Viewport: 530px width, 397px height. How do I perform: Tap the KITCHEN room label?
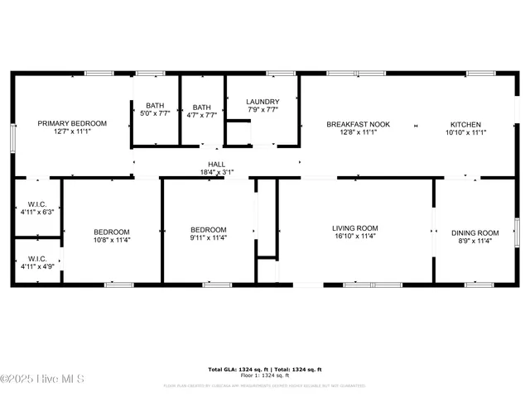click(x=465, y=123)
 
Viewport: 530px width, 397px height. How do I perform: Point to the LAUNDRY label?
click(x=262, y=102)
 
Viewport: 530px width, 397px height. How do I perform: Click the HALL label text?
click(x=217, y=164)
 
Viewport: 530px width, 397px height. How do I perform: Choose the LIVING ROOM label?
click(x=355, y=228)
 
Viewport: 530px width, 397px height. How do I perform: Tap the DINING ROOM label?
click(x=475, y=232)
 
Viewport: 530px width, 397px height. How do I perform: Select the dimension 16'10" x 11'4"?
click(x=355, y=237)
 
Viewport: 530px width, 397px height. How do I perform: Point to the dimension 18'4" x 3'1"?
click(x=217, y=172)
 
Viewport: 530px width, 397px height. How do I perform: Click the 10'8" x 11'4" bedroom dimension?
click(x=111, y=239)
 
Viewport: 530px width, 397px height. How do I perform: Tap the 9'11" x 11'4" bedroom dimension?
click(x=209, y=239)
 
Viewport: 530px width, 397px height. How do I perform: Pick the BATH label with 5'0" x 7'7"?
click(x=155, y=106)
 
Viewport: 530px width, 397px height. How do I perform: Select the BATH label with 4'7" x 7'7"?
click(x=201, y=107)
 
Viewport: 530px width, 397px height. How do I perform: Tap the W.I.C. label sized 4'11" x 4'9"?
click(x=36, y=259)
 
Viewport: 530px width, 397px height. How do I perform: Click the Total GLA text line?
click(x=265, y=369)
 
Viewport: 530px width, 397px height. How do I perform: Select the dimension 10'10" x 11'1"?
click(x=465, y=132)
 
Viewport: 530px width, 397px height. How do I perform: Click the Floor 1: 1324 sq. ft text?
click(x=265, y=375)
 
